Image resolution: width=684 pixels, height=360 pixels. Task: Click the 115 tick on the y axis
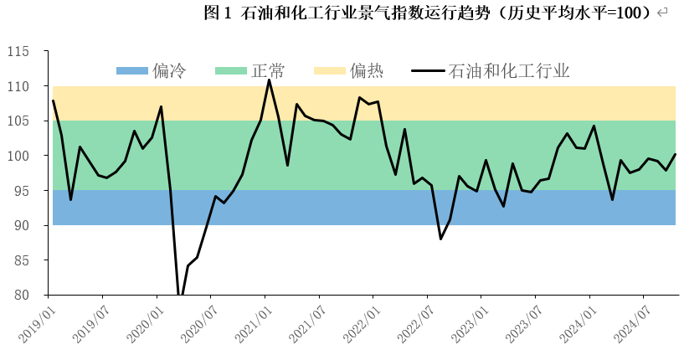coord(28,52)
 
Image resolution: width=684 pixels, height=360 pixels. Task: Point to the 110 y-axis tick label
coord(28,86)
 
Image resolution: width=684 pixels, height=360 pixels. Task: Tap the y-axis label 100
coord(28,156)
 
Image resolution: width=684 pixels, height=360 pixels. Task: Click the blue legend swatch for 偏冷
coord(132,70)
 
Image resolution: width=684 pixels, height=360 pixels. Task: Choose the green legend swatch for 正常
coord(231,70)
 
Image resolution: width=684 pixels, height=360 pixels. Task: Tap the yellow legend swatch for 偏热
coord(330,70)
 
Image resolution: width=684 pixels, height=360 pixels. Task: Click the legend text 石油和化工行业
coord(509,70)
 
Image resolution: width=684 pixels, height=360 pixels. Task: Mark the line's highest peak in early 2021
coord(269,80)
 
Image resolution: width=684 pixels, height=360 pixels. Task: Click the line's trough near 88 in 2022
coord(441,239)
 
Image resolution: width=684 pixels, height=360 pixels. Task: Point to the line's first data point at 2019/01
coord(53,101)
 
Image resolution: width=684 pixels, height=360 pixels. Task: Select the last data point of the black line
coord(675,154)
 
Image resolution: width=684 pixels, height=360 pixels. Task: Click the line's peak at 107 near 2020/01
coord(161,106)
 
